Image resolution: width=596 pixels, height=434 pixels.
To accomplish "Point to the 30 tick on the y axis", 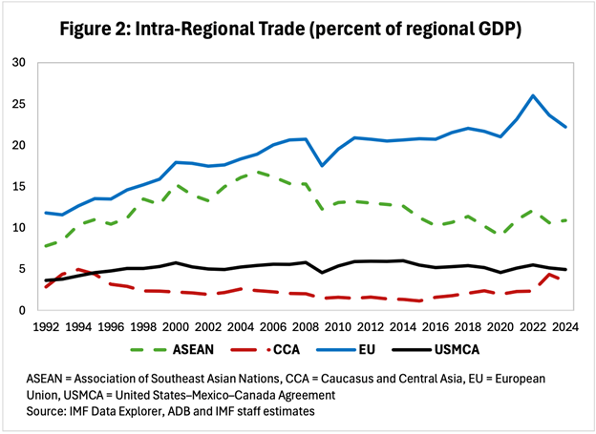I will (19, 63).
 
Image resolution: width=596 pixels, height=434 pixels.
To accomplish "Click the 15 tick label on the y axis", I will (19, 186).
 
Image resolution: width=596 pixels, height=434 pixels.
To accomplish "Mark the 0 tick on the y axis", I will (23, 310).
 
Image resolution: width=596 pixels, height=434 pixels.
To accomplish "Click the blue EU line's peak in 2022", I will (533, 95).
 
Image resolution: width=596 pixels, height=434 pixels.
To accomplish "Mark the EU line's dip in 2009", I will (321, 166).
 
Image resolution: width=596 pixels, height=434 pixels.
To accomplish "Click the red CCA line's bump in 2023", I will (549, 275).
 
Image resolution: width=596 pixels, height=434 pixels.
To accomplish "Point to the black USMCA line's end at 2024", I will (565, 270).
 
